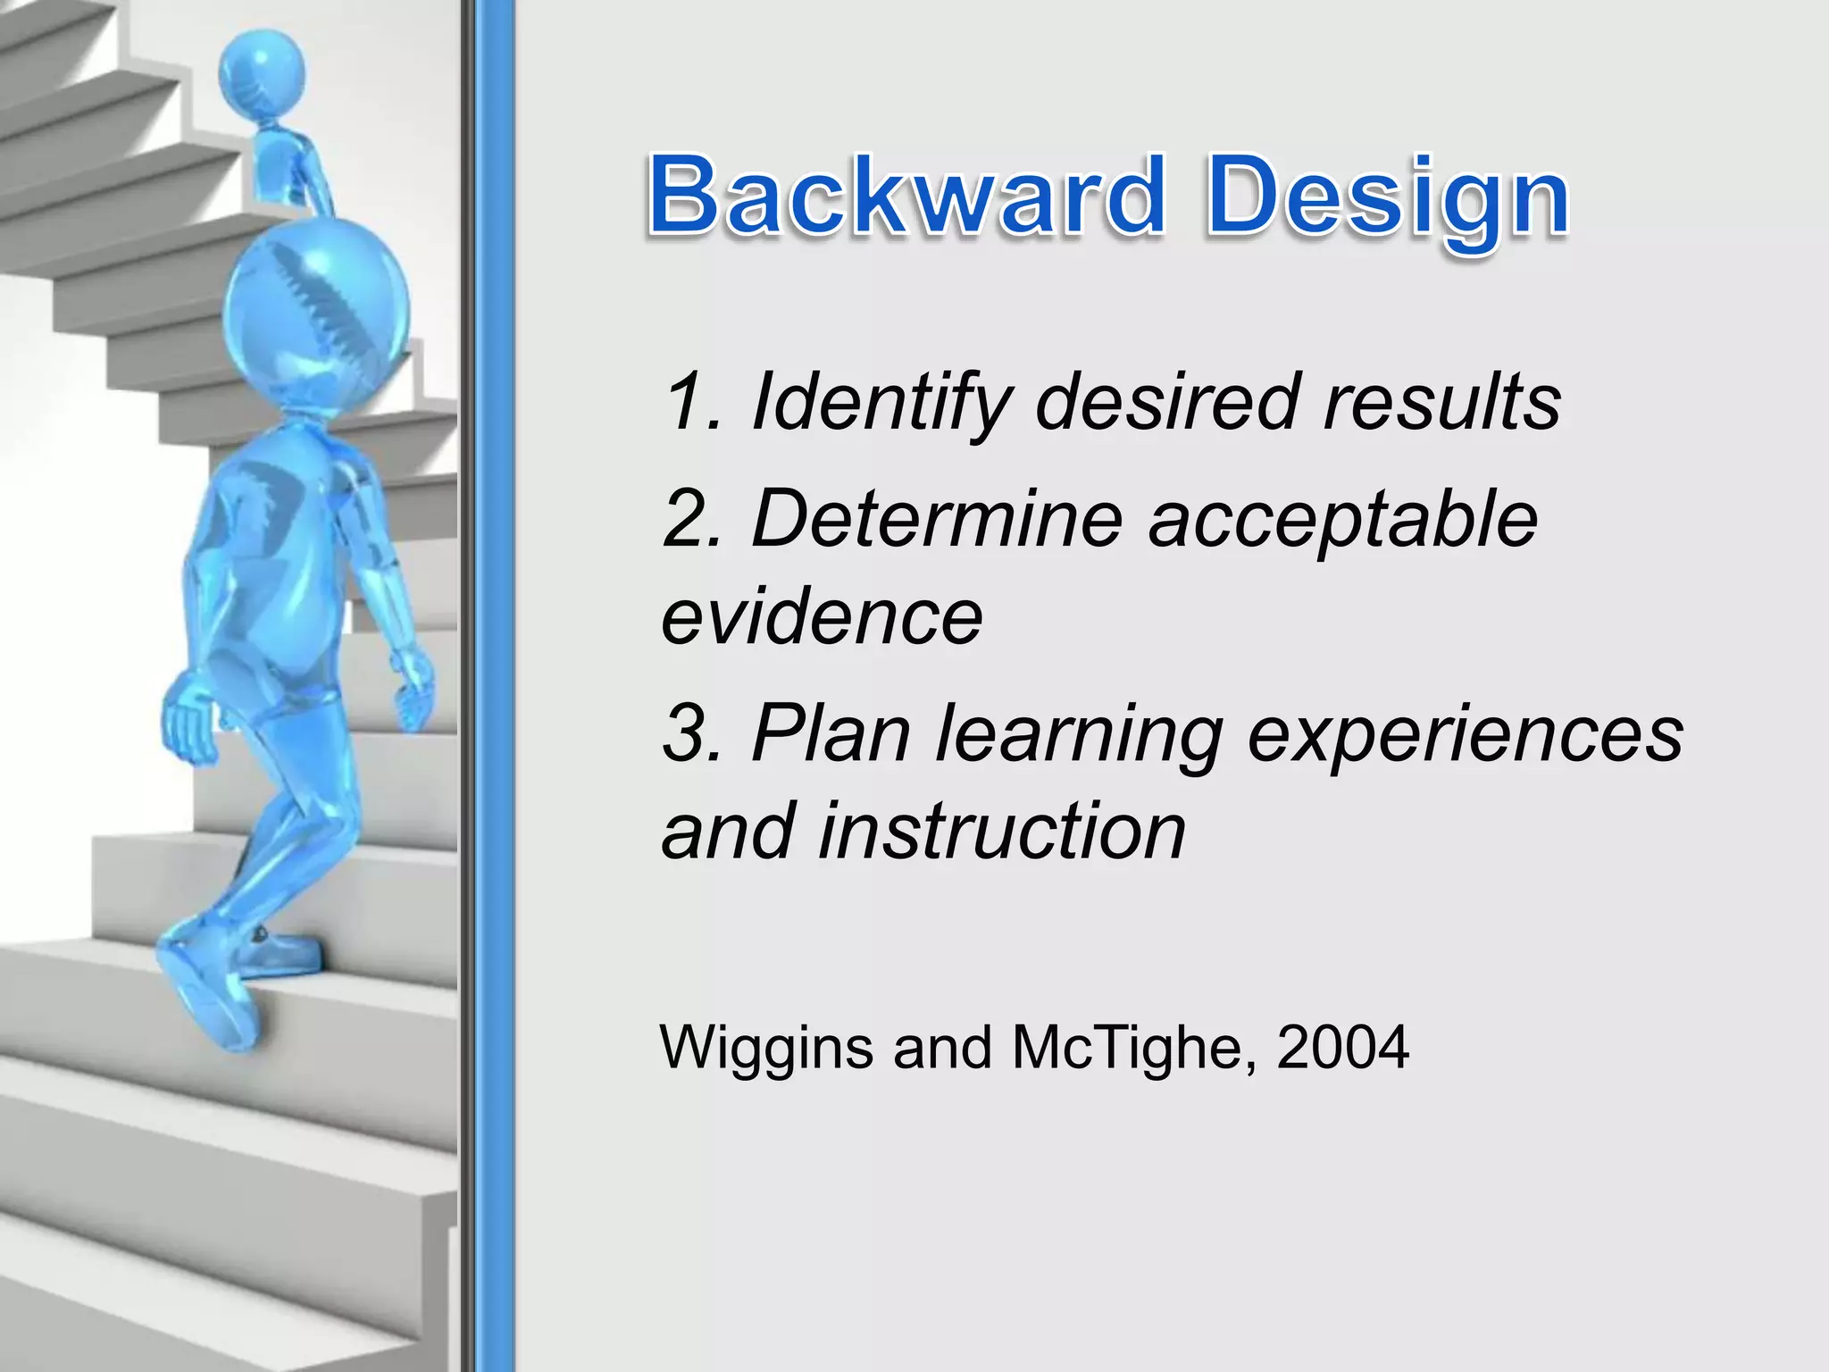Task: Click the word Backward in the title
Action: pos(906,195)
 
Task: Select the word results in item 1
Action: pos(1441,402)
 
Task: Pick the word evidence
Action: pos(822,617)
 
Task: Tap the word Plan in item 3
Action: pos(831,733)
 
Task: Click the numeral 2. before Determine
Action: pos(692,520)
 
